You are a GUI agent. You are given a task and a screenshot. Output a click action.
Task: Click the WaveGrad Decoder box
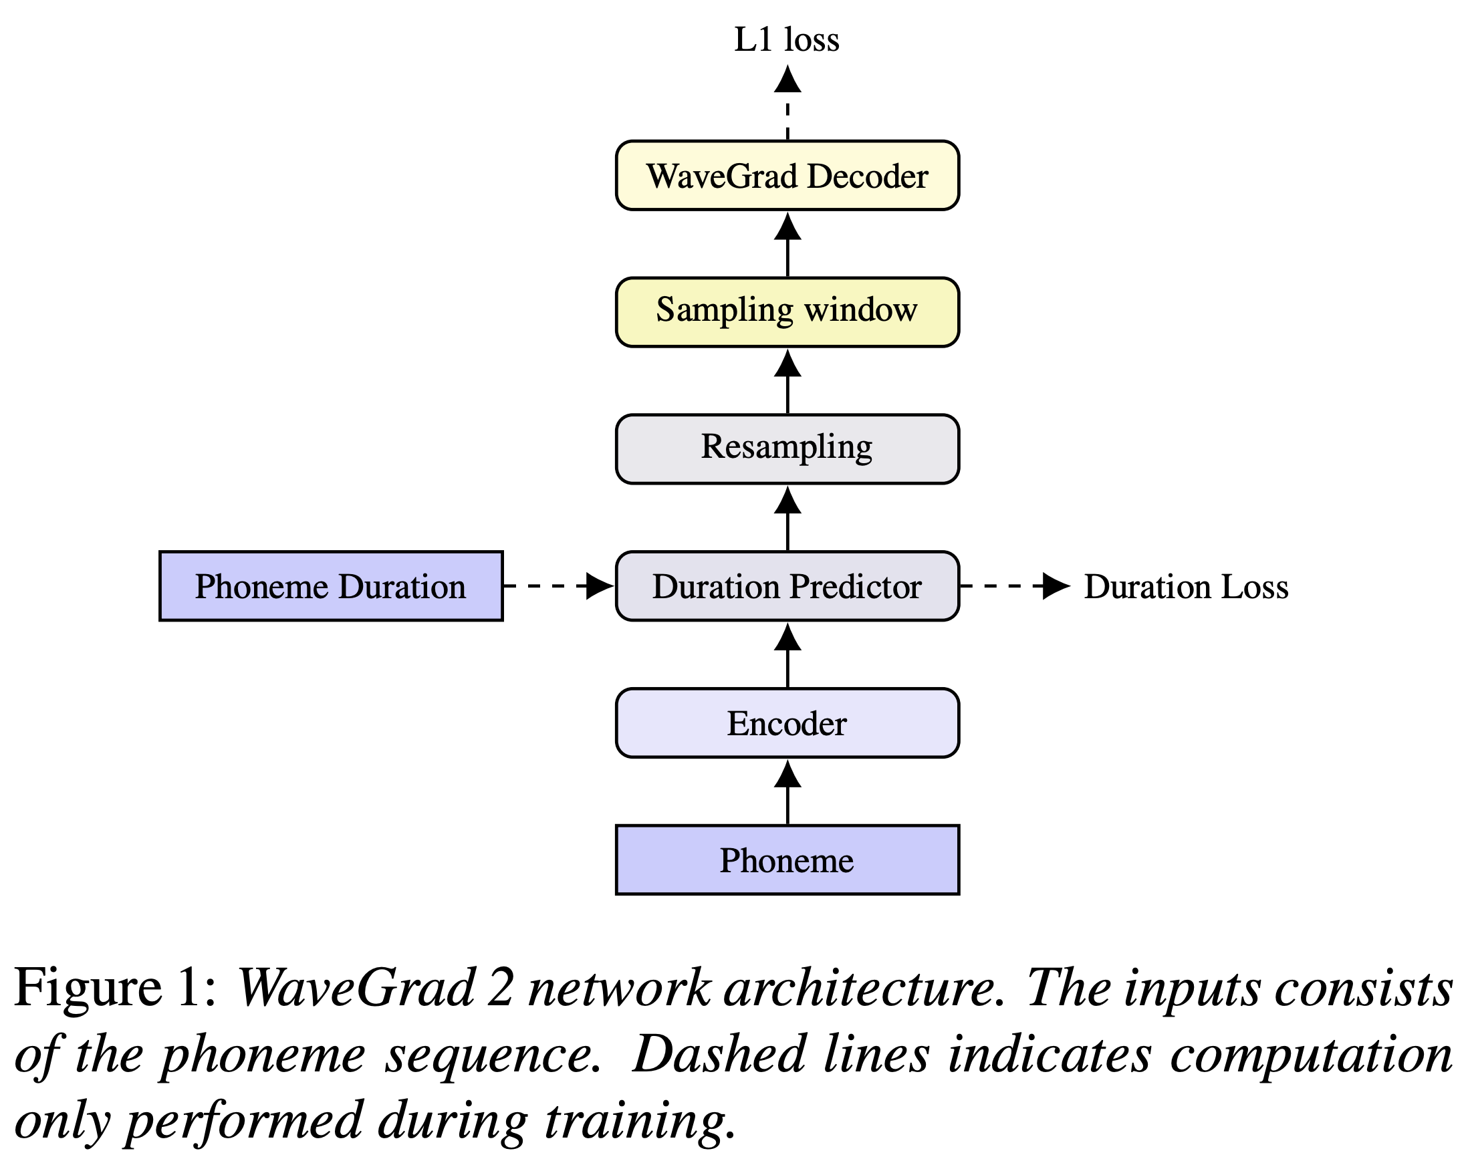point(787,176)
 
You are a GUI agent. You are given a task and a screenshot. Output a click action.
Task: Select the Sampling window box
point(787,312)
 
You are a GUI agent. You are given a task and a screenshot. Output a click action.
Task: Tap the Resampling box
point(787,448)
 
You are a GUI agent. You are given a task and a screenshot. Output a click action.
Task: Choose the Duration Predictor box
point(787,585)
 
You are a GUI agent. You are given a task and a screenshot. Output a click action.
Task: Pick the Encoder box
point(787,723)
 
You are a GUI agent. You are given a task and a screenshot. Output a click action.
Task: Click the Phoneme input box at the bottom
point(787,859)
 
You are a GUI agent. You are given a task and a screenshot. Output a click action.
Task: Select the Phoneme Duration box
point(331,585)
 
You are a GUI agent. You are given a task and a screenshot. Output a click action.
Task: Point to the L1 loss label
point(786,39)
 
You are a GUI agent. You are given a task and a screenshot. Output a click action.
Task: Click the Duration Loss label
point(1186,586)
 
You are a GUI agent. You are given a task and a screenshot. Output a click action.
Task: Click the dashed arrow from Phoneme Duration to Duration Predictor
point(559,585)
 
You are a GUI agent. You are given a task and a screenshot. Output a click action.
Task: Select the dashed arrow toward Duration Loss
point(1015,585)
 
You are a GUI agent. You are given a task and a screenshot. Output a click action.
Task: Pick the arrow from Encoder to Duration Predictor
point(787,655)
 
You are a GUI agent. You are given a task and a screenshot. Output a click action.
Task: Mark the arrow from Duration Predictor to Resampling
point(787,518)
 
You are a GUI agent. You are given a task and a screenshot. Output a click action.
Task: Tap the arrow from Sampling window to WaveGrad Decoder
point(787,245)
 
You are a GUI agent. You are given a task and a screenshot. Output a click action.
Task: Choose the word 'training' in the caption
point(640,1120)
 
